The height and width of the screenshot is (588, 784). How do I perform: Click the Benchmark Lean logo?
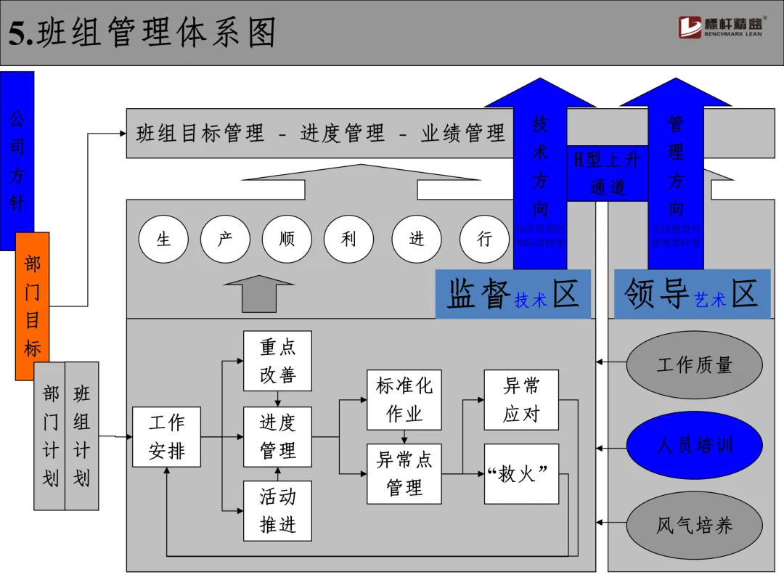(x=722, y=28)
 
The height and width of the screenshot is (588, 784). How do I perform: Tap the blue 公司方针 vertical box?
(x=17, y=160)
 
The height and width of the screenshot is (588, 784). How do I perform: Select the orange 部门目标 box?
(x=33, y=306)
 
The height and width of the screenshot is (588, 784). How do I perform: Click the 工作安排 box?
(x=166, y=436)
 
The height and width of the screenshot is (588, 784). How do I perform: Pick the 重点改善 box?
(x=277, y=361)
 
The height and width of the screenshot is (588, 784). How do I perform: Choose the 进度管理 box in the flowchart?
(x=277, y=436)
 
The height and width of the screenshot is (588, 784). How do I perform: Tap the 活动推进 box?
(x=277, y=510)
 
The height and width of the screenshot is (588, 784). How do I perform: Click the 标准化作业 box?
(x=404, y=399)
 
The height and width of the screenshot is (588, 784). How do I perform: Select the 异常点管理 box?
(x=404, y=473)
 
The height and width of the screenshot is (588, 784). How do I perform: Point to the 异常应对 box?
(x=521, y=399)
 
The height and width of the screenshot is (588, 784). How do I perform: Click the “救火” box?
(x=521, y=474)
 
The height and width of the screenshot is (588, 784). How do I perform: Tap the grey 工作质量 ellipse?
(x=694, y=364)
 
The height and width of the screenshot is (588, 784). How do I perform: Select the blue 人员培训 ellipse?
(x=694, y=444)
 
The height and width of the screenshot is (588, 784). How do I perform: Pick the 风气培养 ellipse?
(x=694, y=525)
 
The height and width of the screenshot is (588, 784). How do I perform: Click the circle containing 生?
(x=163, y=239)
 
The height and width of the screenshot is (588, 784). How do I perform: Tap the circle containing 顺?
(x=287, y=239)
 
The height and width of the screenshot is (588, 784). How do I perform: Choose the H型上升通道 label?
(x=608, y=173)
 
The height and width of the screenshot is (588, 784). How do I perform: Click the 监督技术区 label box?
(x=513, y=294)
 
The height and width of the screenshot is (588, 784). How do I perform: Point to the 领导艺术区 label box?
(x=691, y=294)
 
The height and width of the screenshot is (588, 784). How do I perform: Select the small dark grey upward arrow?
(x=259, y=293)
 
